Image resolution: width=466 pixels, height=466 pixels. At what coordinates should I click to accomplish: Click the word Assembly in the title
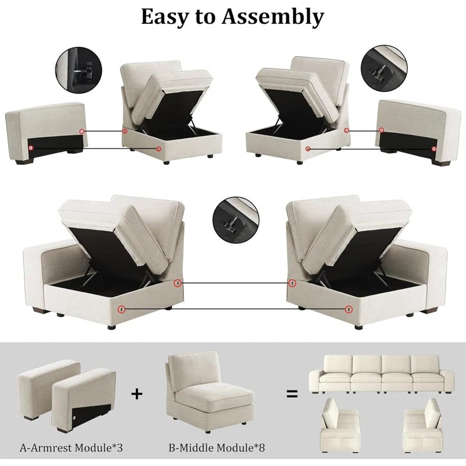tap(273, 17)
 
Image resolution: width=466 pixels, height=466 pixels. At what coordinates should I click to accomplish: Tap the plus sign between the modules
tap(137, 394)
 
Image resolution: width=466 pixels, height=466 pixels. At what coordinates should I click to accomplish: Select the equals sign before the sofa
tap(292, 394)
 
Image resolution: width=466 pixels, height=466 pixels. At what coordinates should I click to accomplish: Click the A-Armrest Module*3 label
tap(71, 447)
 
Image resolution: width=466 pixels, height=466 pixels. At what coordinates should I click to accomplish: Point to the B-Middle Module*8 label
tap(217, 447)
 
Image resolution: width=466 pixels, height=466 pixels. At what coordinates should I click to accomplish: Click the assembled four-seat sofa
tap(382, 374)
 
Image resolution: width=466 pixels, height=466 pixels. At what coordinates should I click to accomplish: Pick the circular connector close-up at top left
tap(79, 70)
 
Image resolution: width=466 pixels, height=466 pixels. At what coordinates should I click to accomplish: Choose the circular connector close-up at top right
tap(384, 68)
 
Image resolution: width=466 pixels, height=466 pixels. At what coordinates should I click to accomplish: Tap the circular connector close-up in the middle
tap(236, 220)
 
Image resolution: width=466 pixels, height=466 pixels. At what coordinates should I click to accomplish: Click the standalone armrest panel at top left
tap(47, 133)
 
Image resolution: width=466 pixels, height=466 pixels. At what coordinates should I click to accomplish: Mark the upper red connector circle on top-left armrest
tap(82, 132)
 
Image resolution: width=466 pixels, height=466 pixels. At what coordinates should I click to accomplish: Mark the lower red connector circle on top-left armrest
tap(31, 148)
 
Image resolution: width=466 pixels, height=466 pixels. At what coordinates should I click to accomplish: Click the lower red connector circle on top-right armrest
tap(434, 149)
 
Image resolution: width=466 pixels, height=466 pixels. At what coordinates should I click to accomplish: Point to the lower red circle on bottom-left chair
tap(121, 309)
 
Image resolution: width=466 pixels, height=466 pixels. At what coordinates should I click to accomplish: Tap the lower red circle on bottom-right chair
tap(348, 309)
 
